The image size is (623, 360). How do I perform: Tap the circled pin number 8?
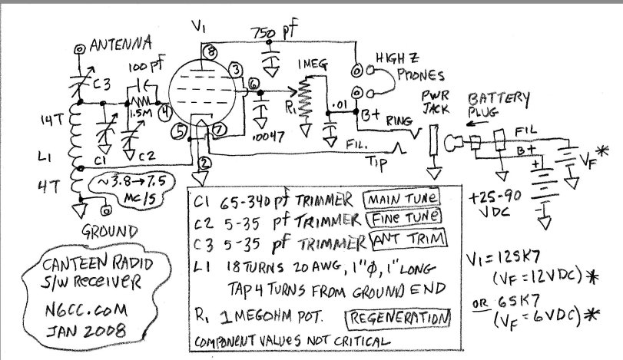tap(210, 51)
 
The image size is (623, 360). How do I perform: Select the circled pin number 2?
tap(203, 163)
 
